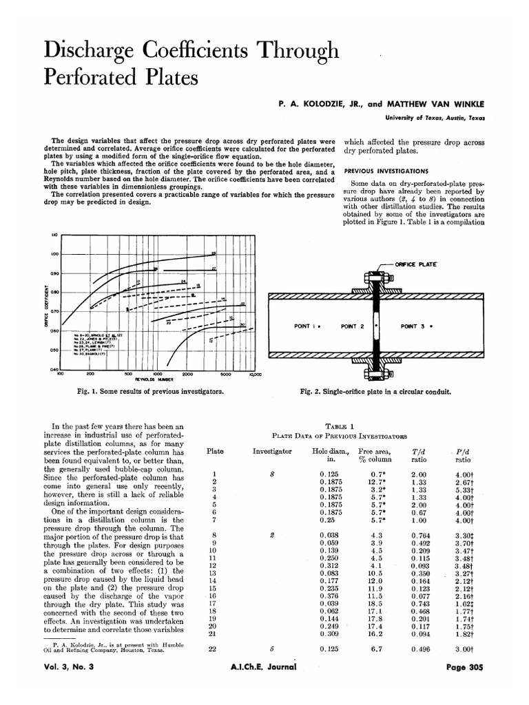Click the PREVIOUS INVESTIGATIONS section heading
[386, 171]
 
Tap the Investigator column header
[272, 452]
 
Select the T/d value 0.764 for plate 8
[420, 534]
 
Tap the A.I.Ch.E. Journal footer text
[264, 686]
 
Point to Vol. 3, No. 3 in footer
[73, 686]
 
